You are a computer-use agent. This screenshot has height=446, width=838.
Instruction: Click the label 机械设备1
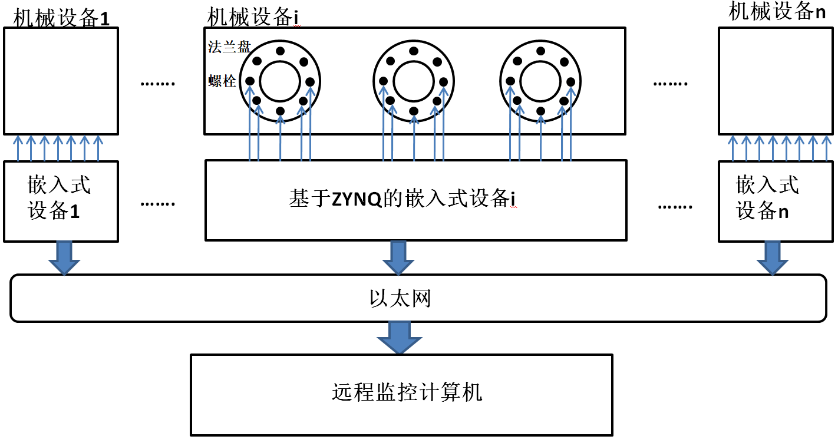tap(61, 18)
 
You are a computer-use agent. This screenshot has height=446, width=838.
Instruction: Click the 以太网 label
tap(400, 298)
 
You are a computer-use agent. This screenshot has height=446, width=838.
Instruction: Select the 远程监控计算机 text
tap(407, 392)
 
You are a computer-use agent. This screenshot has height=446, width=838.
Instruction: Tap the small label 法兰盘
tap(229, 47)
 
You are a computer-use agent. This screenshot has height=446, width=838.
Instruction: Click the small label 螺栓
tap(222, 81)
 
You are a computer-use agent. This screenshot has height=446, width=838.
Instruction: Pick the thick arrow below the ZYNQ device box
tap(398, 257)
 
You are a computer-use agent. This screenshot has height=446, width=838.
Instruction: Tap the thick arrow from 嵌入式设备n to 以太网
tap(772, 257)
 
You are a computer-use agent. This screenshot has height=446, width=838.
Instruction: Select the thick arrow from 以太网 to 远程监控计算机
tap(399, 337)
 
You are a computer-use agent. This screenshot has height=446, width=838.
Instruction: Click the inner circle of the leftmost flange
tap(280, 81)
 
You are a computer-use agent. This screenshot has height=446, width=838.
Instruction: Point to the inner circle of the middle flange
tap(414, 81)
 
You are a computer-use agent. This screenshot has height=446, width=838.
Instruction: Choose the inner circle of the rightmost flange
tap(540, 81)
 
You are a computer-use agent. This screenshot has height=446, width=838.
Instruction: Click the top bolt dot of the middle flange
tap(414, 51)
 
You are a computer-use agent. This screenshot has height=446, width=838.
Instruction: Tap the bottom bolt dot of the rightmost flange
tap(540, 111)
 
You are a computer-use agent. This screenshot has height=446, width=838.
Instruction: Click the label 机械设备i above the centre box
tap(251, 17)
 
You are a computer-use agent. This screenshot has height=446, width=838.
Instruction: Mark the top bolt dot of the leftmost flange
tap(280, 51)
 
